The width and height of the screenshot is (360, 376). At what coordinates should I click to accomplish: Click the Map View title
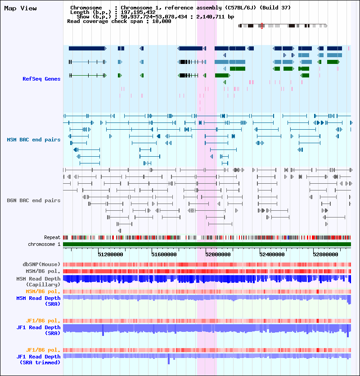[x=20, y=9]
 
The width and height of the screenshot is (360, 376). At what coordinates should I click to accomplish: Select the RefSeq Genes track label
[x=41, y=79]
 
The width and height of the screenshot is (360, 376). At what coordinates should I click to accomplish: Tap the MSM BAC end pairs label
[x=34, y=140]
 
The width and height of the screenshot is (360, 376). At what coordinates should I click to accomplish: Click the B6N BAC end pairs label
[x=34, y=200]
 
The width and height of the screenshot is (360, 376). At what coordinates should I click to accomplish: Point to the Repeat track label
[x=52, y=237]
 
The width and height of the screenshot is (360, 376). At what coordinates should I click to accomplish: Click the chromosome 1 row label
[x=44, y=244]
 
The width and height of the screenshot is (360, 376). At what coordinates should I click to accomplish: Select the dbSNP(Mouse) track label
[x=41, y=264]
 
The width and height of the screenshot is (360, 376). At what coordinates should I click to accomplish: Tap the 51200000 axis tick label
[x=110, y=254]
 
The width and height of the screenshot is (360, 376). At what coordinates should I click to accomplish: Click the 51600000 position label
[x=164, y=254]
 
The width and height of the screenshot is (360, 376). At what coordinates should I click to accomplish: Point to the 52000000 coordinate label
[x=218, y=254]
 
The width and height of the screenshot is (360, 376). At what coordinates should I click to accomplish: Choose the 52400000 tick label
[x=272, y=254]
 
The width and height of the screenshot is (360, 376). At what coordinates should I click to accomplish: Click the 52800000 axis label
[x=325, y=254]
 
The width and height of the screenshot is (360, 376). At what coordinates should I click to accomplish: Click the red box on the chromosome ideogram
[x=262, y=26]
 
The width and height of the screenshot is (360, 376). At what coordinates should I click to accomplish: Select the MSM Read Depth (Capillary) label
[x=39, y=281]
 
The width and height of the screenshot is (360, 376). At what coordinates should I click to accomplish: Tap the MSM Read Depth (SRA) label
[x=39, y=301]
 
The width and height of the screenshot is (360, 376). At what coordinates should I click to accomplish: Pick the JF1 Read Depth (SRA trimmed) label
[x=39, y=359]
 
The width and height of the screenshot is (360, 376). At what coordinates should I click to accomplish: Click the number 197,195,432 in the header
[x=138, y=12]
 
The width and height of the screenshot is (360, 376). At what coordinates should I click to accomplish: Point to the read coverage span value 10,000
[x=162, y=21]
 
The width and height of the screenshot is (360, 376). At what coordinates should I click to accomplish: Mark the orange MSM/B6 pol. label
[x=43, y=291]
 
